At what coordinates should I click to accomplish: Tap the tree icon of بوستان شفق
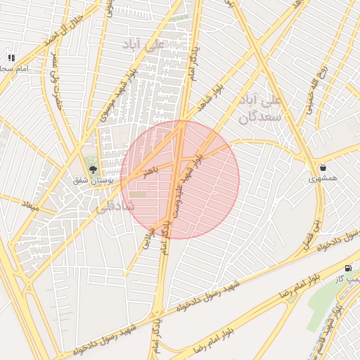coord(93,169)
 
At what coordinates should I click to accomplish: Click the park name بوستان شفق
coord(93,181)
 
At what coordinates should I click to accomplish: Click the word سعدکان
coord(259,117)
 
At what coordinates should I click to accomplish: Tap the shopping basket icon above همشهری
coord(323,168)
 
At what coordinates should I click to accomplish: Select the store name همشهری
coord(323,179)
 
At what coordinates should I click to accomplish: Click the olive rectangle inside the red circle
coord(138,194)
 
